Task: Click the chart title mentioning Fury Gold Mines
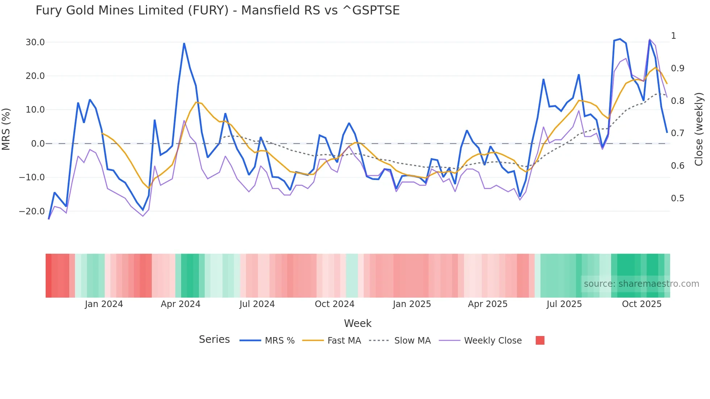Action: [217, 10]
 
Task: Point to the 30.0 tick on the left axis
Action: [35, 42]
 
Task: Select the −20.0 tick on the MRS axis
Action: [32, 211]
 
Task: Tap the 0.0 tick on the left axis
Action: [38, 144]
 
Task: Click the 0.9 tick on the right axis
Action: [677, 68]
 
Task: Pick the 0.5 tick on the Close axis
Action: [677, 198]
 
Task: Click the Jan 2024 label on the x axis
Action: [104, 304]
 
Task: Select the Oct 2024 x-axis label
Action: [334, 304]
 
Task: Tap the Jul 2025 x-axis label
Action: [564, 304]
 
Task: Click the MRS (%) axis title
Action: [6, 129]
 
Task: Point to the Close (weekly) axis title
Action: [699, 129]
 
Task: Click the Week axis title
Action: [358, 323]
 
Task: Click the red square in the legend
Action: [540, 340]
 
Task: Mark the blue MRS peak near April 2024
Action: [184, 43]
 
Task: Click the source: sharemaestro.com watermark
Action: [641, 284]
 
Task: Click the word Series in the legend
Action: [214, 340]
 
